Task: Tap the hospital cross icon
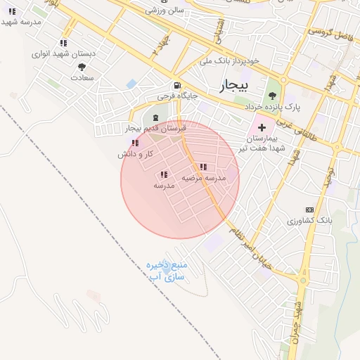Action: tap(262, 128)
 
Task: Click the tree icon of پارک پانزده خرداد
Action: tap(273, 96)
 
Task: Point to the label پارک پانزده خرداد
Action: tap(273, 108)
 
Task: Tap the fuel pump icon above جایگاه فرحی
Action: tap(167, 84)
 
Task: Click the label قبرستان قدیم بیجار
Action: tap(155, 129)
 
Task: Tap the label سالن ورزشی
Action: tap(164, 11)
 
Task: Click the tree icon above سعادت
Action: tap(82, 67)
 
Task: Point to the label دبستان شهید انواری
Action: tap(61, 54)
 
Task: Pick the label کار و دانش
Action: tap(136, 153)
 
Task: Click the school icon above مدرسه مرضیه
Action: tap(204, 167)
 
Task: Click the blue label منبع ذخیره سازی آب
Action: tap(165, 271)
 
